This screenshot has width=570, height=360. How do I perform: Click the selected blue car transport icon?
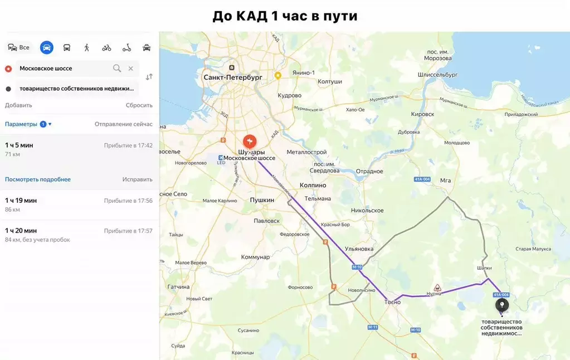pos(47,47)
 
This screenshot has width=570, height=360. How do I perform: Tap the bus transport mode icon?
pos(67,47)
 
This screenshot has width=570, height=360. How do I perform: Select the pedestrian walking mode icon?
pos(87,47)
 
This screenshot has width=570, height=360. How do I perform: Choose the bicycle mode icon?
pos(106,47)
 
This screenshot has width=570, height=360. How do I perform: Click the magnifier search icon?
pos(117,68)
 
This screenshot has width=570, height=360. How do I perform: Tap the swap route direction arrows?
pos(149,77)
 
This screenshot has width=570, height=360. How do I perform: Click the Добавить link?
pos(18,105)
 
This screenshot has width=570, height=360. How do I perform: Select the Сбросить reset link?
pos(139,105)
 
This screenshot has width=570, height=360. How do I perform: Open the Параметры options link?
pos(21,124)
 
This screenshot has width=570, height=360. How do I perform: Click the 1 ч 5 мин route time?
pos(19,145)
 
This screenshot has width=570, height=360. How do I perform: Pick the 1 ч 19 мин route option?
pos(21,201)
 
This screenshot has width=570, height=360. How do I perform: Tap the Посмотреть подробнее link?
pos(38,179)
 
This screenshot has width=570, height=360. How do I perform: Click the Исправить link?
pos(137,179)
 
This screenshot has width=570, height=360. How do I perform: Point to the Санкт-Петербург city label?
pos(232,77)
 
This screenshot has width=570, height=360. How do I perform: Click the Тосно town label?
pos(392,302)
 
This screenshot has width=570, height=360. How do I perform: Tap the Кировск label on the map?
pos(422,114)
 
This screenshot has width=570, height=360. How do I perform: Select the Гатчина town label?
pos(178,286)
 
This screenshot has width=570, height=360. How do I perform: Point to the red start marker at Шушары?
pos(250,142)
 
